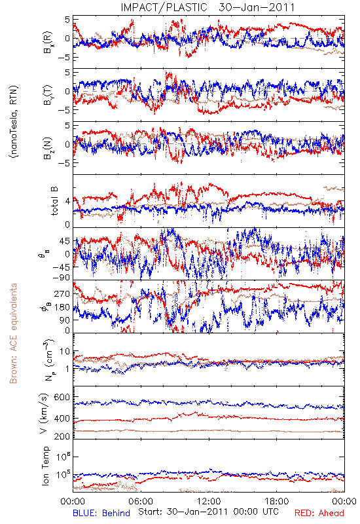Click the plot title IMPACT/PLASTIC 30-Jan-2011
click(207, 7)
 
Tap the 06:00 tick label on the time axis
click(141, 501)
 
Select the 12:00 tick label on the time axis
click(209, 501)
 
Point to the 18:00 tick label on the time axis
click(277, 501)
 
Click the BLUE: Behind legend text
click(101, 513)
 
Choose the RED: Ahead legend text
click(319, 513)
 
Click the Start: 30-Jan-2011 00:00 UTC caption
click(208, 512)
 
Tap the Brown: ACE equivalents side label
click(13, 333)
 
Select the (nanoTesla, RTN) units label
click(14, 121)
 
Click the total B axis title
click(54, 201)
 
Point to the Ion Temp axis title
click(46, 466)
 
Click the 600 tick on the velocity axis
click(62, 397)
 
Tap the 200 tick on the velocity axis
click(62, 436)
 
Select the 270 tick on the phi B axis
click(62, 293)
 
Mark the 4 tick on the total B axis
click(67, 202)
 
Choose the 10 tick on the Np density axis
click(65, 352)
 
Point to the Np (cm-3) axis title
click(49, 360)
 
